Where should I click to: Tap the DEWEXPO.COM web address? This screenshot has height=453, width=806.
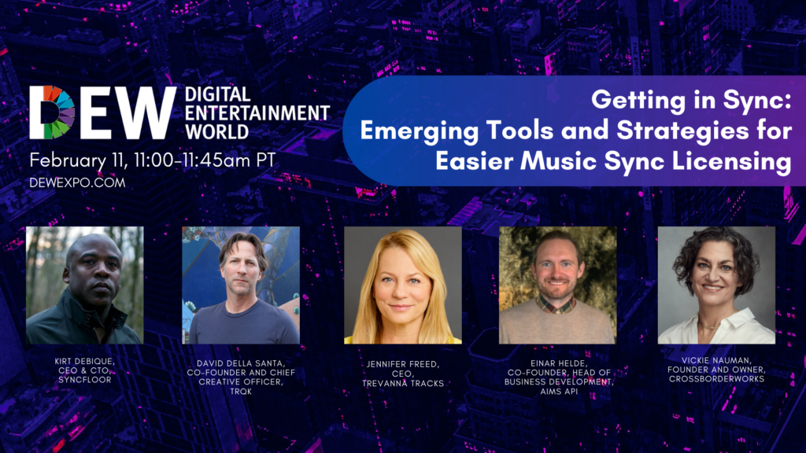[77, 182]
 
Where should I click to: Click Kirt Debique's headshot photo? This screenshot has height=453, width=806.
[85, 285]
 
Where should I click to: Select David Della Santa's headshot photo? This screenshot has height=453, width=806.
[241, 285]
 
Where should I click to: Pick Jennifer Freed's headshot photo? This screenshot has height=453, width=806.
[402, 285]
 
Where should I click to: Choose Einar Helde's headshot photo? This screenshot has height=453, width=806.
[557, 285]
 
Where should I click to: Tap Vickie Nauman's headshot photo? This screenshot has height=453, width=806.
[716, 285]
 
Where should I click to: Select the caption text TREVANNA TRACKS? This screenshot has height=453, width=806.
[402, 383]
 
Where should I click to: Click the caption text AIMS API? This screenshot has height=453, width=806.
[557, 391]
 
